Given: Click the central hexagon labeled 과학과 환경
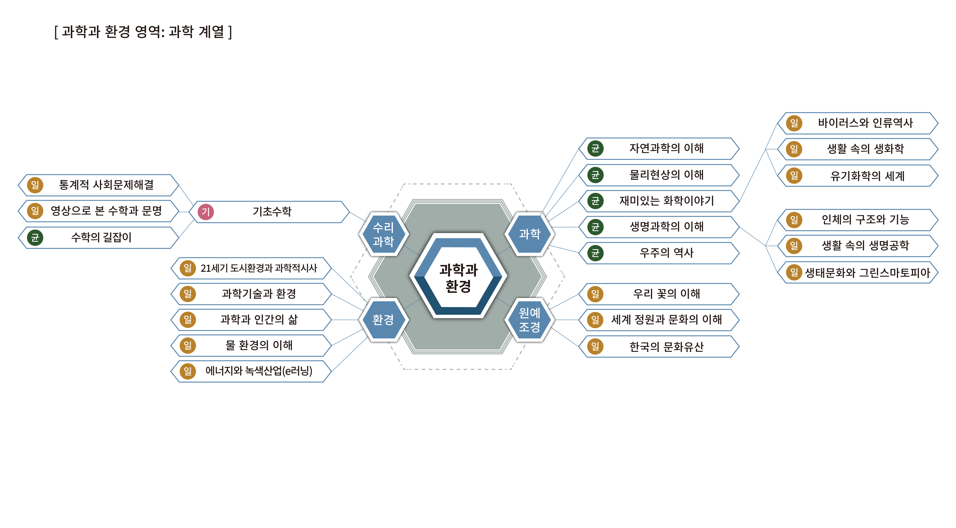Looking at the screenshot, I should point(458,277).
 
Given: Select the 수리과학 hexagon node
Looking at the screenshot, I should point(383,234).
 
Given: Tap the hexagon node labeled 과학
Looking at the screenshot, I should point(530,234).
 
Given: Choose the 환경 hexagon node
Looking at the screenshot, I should point(383,320).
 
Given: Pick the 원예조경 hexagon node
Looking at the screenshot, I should point(530,320).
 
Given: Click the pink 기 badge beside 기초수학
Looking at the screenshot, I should point(206,212).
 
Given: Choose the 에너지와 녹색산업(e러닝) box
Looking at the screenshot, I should point(259,371).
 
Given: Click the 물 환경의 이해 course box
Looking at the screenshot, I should point(259,345).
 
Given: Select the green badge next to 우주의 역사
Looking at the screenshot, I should point(595,253).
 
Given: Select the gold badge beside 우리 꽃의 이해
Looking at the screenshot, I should point(595,294).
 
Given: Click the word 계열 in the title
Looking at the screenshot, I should point(211,32).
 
